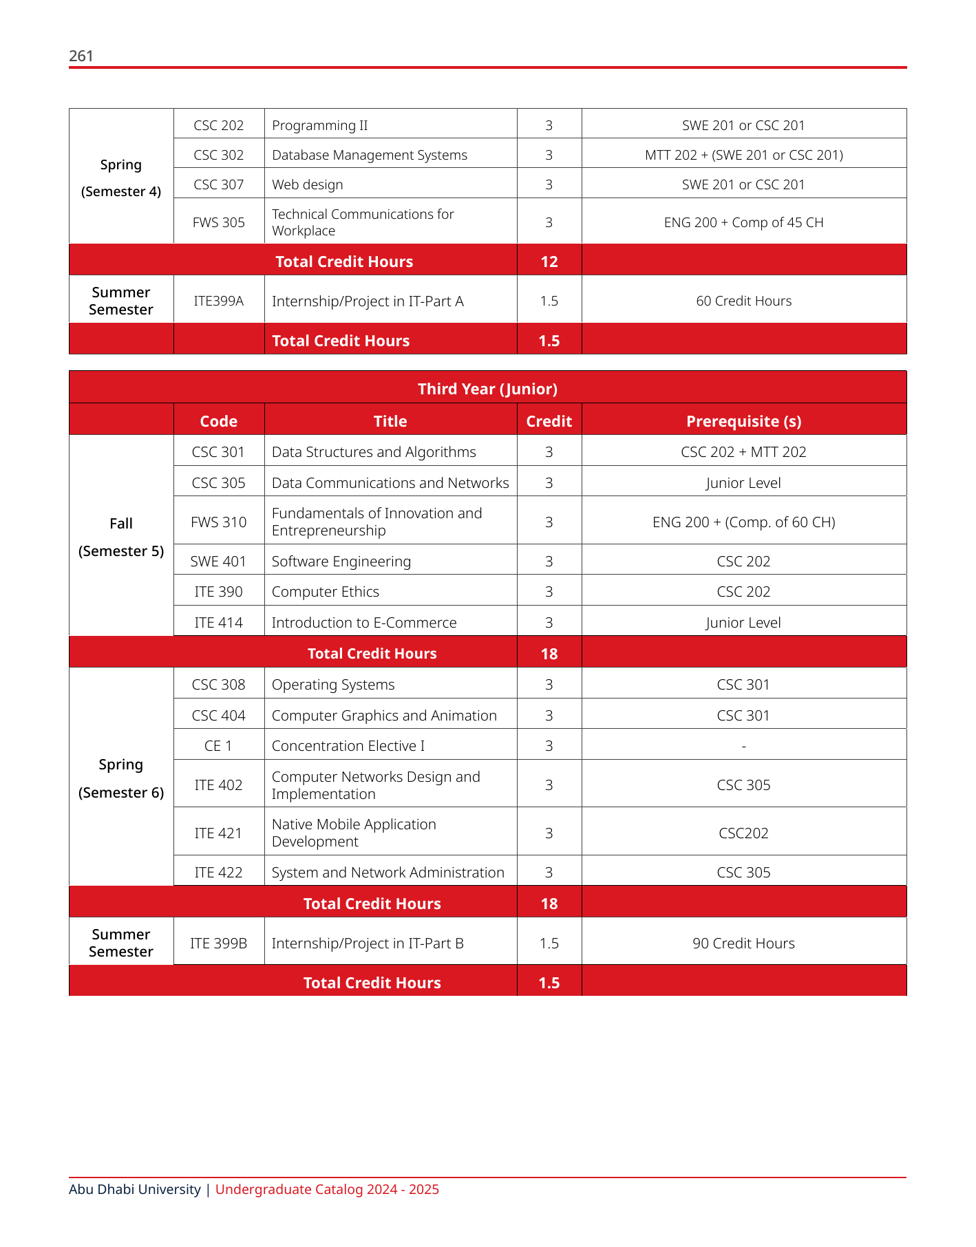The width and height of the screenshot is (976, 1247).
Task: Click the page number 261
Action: tap(81, 56)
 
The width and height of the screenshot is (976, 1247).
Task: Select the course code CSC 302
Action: tap(219, 155)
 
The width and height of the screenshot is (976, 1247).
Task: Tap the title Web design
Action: tap(307, 184)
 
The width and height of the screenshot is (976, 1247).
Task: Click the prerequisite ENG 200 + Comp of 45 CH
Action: tap(743, 222)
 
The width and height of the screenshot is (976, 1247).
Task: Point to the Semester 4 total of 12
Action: tap(549, 262)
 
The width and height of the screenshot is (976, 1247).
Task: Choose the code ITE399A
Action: tap(219, 301)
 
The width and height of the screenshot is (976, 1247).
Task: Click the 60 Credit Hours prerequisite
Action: tap(743, 301)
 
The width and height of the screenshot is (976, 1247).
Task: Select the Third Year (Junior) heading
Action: tap(487, 389)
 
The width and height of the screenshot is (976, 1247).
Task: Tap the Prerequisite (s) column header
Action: tap(743, 421)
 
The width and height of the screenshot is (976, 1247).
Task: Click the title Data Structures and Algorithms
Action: tap(374, 452)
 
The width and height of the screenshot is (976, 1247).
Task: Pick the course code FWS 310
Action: tap(219, 522)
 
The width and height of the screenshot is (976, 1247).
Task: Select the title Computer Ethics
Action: tap(326, 592)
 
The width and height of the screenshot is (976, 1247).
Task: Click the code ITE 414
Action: tap(219, 623)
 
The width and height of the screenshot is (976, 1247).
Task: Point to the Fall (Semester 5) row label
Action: tap(121, 537)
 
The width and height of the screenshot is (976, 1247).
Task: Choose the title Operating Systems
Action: tap(333, 685)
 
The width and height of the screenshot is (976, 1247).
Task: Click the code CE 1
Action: tap(219, 746)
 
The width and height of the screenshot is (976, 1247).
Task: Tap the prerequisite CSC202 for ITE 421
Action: tap(743, 833)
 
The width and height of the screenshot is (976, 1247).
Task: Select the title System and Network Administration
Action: tap(388, 873)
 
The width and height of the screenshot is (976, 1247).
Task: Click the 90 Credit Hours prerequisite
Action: tap(743, 944)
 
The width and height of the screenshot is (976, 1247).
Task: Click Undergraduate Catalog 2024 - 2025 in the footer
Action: tap(327, 1189)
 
